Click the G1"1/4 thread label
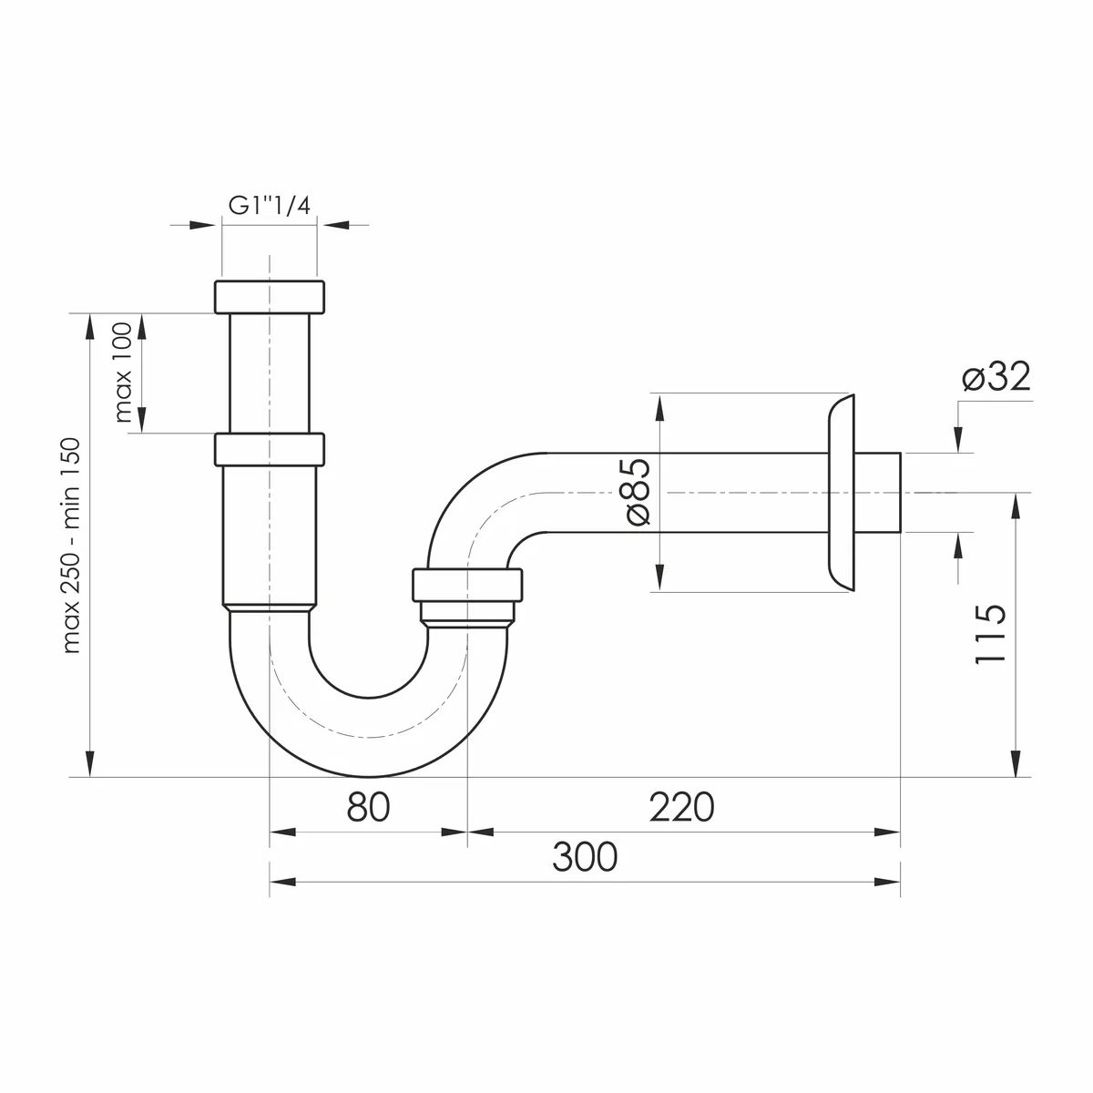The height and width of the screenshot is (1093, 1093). pos(269,205)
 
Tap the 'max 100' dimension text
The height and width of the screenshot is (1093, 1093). pos(123,373)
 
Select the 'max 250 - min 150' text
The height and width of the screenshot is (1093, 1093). pos(72,545)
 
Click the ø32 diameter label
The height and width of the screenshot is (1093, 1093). pos(996,376)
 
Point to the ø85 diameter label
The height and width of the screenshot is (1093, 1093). pos(638,491)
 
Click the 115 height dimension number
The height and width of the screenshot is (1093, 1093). pos(990,634)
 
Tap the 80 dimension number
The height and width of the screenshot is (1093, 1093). pos(368,807)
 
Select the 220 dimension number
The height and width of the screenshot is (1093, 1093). pos(682,807)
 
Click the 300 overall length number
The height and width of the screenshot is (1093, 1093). pos(585,857)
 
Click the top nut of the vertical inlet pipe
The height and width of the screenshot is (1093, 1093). pos(270,297)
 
